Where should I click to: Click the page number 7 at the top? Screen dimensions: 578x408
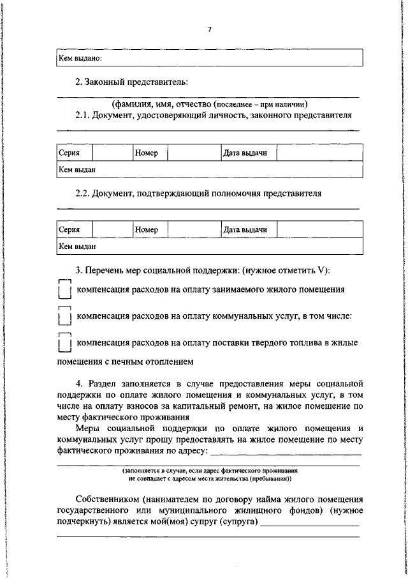pyautogui.click(x=209, y=29)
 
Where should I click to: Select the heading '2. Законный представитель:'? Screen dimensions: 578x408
pyautogui.click(x=131, y=82)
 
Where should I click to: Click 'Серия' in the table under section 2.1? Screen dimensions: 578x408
pyautogui.click(x=69, y=153)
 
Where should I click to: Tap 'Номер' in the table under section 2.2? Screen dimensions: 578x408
pyautogui.click(x=146, y=229)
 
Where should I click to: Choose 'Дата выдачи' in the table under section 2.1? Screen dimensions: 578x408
pyautogui.click(x=245, y=153)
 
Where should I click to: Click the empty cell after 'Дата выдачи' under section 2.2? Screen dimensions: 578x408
pyautogui.click(x=319, y=229)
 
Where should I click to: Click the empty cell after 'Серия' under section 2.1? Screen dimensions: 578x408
pyautogui.click(x=112, y=153)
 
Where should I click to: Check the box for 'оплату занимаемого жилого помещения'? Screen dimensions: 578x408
pyautogui.click(x=63, y=290)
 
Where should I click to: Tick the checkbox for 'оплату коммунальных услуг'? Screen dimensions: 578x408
pyautogui.click(x=63, y=316)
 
